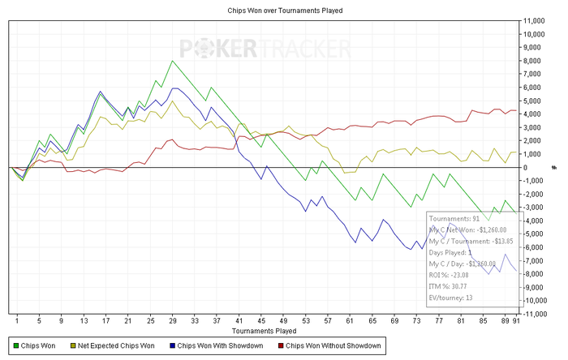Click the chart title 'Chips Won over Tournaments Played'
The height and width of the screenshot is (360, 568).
click(283, 11)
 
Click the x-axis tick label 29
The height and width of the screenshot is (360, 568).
click(173, 322)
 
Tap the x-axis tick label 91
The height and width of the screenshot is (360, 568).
click(517, 322)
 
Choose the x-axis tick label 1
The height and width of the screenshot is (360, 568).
click(17, 322)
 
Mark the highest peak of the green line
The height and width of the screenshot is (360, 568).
click(172, 61)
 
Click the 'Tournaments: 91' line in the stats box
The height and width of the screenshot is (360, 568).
click(454, 219)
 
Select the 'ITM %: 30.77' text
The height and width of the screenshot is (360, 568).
click(452, 286)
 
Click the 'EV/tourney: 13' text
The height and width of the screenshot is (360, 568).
click(451, 298)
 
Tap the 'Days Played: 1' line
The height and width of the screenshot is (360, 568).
click(451, 252)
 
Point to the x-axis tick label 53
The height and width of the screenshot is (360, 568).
click(305, 322)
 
